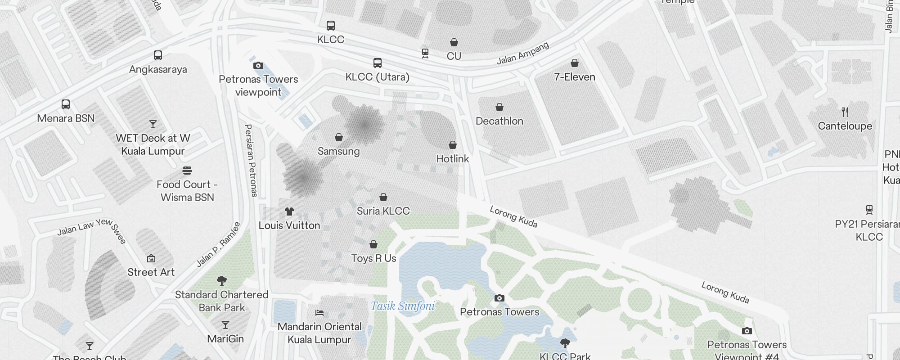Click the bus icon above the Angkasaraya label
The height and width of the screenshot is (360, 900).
[x=158, y=55]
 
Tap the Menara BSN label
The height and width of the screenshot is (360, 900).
[x=66, y=118]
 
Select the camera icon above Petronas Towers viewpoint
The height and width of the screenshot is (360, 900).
[x=258, y=66]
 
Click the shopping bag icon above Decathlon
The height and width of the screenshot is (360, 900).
[x=499, y=107]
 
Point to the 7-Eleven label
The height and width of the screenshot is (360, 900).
[x=575, y=77]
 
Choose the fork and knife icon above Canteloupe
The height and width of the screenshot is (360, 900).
[x=845, y=112]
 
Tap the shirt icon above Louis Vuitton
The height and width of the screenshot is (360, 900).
[x=289, y=211]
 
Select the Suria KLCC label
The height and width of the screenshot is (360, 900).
[x=383, y=211]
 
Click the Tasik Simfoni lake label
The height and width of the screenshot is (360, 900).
[x=403, y=306]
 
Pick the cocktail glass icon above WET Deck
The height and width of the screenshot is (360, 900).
[x=153, y=124]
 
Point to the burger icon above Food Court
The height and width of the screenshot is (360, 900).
[x=187, y=171]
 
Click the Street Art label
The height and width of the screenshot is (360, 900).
[x=151, y=272]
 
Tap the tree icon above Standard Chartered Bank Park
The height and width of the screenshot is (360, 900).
[x=221, y=281]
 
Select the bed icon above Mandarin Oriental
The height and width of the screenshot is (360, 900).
[x=319, y=313]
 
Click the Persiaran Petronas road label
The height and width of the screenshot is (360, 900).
[x=251, y=161]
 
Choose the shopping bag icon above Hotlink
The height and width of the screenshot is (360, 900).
[x=453, y=145]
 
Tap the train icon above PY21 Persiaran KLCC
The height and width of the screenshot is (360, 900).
[x=869, y=210]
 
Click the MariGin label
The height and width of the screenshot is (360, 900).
[x=225, y=339]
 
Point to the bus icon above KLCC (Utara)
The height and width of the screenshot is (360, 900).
[x=378, y=63]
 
